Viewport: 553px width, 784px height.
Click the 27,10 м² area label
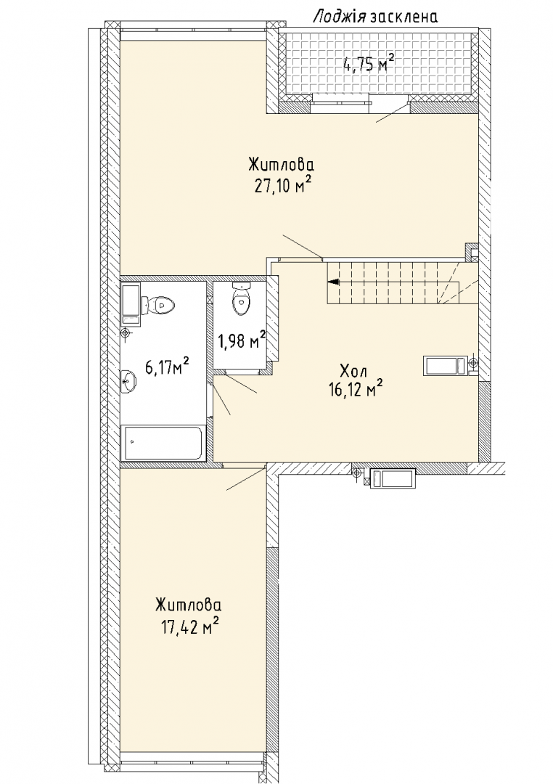[x=282, y=186]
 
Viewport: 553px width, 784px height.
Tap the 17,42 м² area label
[x=189, y=626]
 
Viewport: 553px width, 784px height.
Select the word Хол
[x=353, y=372]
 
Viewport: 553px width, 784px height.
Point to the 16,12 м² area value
[x=356, y=388]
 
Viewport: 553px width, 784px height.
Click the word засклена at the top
[x=404, y=17]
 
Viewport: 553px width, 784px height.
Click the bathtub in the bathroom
[x=163, y=443]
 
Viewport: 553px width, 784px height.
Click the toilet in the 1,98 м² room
[x=240, y=299]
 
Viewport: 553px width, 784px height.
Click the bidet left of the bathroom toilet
[x=131, y=304]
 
